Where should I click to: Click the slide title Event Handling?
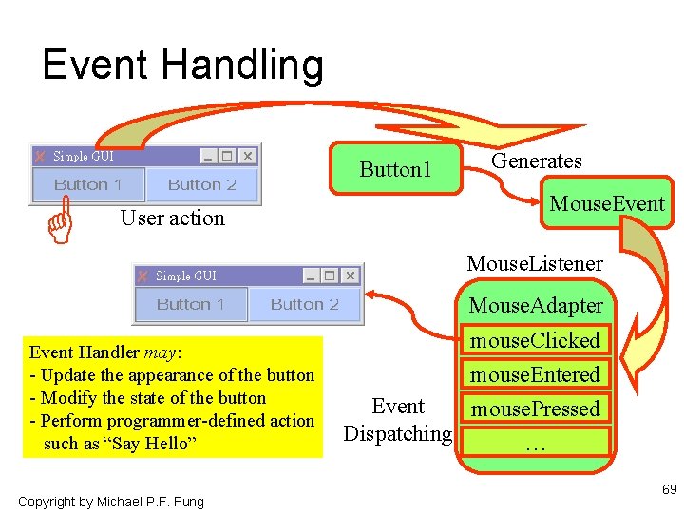(x=182, y=66)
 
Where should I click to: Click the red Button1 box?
(x=395, y=169)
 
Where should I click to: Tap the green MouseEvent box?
(x=607, y=203)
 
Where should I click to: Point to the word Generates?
(x=536, y=161)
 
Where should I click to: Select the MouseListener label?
(x=534, y=263)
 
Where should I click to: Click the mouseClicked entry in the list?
(x=536, y=340)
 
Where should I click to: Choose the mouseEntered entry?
(x=536, y=374)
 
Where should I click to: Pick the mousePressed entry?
(x=536, y=408)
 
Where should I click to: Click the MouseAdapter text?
(x=536, y=306)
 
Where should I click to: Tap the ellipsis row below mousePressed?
(x=536, y=443)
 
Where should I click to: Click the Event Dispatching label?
(x=398, y=420)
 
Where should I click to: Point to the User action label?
(x=172, y=218)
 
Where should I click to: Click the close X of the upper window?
(x=248, y=156)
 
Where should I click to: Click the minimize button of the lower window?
(x=311, y=275)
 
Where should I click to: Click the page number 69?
(x=669, y=490)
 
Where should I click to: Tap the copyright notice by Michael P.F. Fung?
(x=110, y=501)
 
